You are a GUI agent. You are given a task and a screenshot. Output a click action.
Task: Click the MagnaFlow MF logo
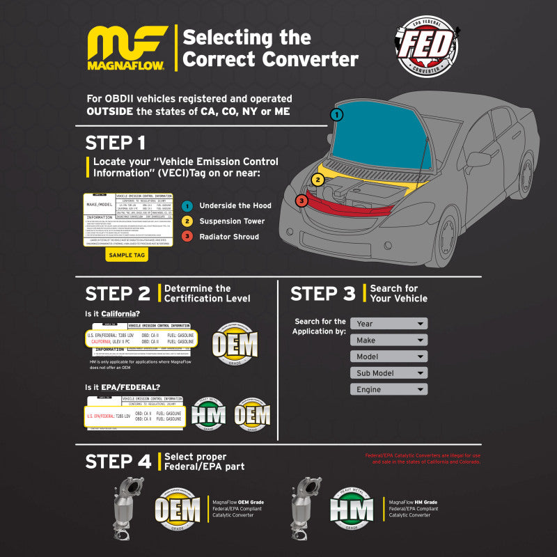tap(127, 49)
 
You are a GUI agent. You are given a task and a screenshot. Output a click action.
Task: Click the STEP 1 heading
tap(115, 143)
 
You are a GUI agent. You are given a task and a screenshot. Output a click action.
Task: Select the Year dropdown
tap(389, 324)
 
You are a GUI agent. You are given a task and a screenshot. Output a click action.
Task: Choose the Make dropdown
tap(389, 340)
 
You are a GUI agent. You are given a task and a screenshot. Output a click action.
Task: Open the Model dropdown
tap(389, 356)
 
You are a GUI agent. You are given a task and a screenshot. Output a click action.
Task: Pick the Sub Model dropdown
tap(389, 373)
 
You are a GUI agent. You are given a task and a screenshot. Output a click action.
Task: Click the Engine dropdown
tap(389, 389)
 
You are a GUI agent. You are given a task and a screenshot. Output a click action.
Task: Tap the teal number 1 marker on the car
tap(337, 114)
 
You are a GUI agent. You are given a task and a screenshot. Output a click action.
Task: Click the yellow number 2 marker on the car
tap(317, 180)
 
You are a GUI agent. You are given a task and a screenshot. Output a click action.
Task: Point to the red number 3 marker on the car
tap(301, 201)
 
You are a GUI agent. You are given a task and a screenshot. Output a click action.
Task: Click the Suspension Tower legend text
tap(232, 221)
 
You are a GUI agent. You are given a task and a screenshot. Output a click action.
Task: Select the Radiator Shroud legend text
tap(229, 237)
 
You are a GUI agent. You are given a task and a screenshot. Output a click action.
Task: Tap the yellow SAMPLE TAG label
tap(126, 255)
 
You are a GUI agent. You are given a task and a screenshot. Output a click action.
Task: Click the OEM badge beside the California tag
tap(234, 342)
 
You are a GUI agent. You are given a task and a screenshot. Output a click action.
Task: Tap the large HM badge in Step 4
tap(351, 509)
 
